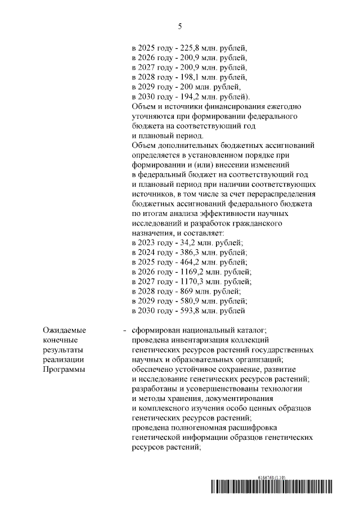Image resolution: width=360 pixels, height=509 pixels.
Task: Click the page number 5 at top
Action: (x=180, y=26)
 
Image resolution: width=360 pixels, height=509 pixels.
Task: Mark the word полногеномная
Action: (x=200, y=427)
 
